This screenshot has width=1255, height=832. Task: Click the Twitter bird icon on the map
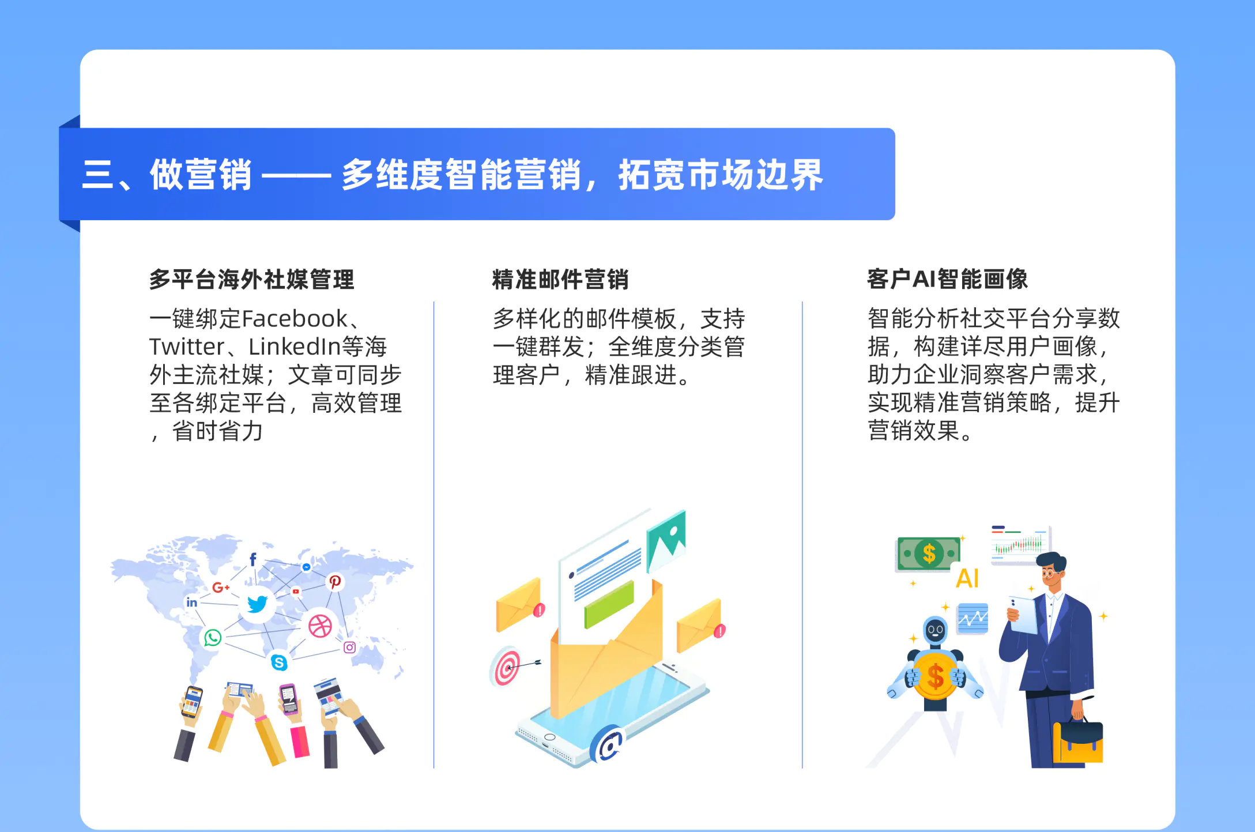[257, 604]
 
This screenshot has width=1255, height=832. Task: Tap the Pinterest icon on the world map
[335, 582]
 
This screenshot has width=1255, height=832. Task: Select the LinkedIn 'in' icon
[191, 603]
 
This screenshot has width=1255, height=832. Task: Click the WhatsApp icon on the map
[213, 638]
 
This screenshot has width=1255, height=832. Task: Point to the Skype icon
[279, 662]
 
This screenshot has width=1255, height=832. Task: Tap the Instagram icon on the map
[349, 647]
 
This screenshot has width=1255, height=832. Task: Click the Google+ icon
[221, 588]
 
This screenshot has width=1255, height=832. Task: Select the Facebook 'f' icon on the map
[252, 559]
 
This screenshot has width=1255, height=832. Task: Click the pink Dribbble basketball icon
[320, 626]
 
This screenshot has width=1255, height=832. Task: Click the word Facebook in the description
[295, 319]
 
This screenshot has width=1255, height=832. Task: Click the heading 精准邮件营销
[560, 280]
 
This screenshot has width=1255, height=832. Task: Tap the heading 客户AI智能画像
[947, 279]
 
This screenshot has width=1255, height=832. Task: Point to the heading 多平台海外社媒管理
[252, 280]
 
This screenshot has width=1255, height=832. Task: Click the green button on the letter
[609, 604]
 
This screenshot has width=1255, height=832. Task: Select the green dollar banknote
[928, 554]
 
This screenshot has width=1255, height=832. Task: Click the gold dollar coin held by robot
[935, 676]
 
